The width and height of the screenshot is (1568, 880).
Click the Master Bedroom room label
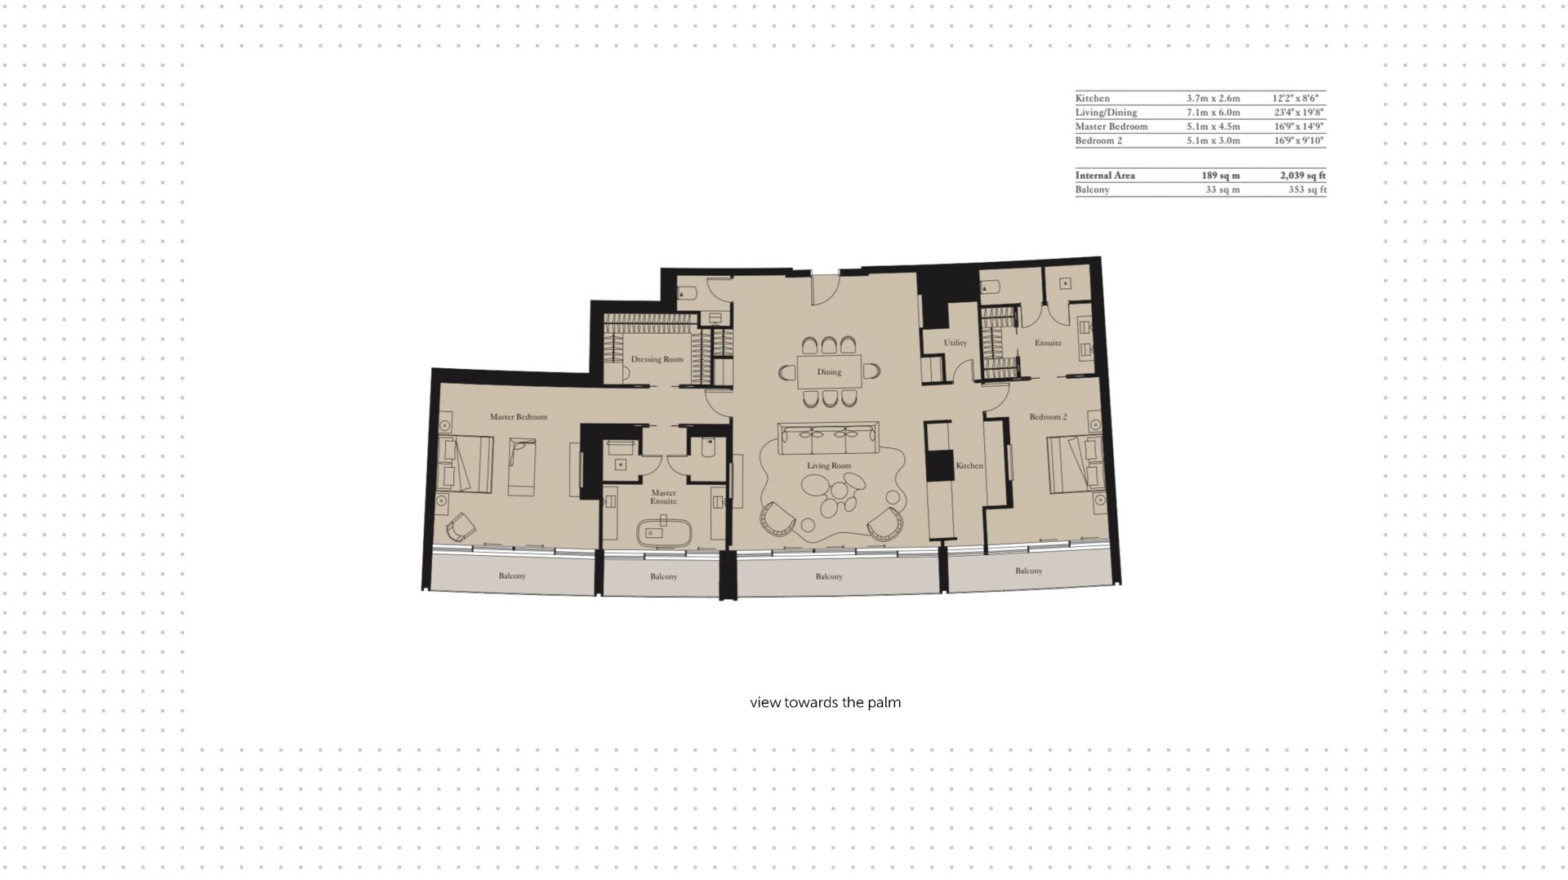[518, 417]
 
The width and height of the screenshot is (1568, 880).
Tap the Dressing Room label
[657, 359]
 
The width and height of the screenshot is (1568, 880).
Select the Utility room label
[955, 343]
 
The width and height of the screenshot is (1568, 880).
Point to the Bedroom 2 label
[1048, 417]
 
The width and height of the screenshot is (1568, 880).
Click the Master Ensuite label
[663, 497]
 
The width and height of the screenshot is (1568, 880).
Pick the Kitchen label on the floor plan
[969, 465]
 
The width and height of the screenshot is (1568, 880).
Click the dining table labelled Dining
[829, 371]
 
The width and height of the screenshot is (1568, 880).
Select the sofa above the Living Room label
[828, 439]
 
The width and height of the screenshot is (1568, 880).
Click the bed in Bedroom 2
[1076, 464]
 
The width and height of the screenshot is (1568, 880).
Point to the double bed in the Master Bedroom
[465, 464]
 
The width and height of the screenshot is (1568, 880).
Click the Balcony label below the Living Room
[829, 577]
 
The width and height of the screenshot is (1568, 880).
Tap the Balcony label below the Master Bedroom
[512, 576]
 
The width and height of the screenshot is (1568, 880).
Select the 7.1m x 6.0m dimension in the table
[1213, 113]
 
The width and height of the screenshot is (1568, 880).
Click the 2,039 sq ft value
[1303, 176]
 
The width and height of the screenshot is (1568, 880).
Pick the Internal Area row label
[1105, 176]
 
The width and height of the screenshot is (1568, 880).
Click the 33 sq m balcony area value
[1223, 190]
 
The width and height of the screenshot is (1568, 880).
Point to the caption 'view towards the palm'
[826, 703]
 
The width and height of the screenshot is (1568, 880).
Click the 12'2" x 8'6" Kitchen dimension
[1296, 99]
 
